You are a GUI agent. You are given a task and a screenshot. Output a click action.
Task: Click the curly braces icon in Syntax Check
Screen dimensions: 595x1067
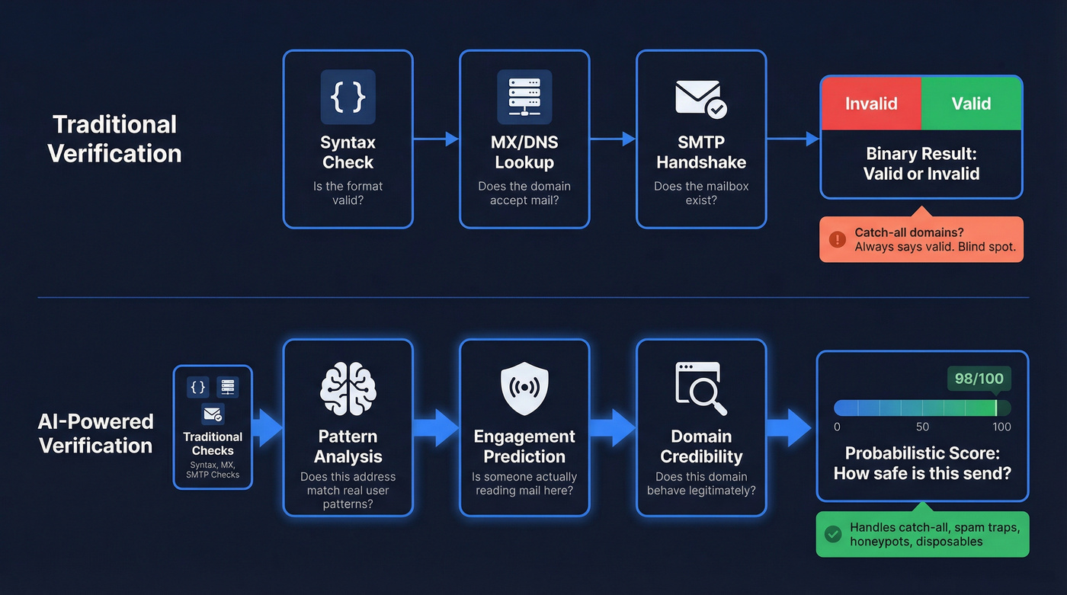[x=348, y=97]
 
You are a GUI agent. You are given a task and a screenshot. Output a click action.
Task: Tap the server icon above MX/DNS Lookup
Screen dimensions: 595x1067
[x=524, y=97]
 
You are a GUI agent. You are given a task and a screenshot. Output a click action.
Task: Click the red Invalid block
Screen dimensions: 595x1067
[x=871, y=104]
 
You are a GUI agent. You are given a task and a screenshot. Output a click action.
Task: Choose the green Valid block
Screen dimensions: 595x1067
[x=971, y=104]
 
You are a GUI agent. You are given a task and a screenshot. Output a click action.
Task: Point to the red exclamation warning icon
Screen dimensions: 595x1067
[x=837, y=239]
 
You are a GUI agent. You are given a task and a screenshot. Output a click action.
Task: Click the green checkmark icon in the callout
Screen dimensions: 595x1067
[x=833, y=534]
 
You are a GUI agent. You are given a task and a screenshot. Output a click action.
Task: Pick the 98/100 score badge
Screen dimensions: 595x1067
[x=979, y=379]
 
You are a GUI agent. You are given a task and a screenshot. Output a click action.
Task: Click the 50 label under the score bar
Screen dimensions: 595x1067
[x=922, y=427]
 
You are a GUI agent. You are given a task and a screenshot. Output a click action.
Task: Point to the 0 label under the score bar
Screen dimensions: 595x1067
[x=837, y=427]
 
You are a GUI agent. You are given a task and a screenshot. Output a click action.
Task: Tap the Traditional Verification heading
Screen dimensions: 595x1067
[x=114, y=139]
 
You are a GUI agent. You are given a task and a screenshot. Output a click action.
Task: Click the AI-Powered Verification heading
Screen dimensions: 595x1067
[x=96, y=433]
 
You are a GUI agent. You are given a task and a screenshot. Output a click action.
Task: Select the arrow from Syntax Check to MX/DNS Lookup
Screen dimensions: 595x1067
[x=436, y=139]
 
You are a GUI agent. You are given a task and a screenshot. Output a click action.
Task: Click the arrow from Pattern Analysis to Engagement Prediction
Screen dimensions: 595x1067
[x=436, y=427]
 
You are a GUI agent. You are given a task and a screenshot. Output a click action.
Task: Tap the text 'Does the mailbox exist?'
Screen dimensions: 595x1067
[x=701, y=194]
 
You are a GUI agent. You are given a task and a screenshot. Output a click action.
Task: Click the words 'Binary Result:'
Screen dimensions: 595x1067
[x=921, y=154]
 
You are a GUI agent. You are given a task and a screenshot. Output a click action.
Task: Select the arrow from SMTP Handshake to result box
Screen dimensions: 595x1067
[x=793, y=139]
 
